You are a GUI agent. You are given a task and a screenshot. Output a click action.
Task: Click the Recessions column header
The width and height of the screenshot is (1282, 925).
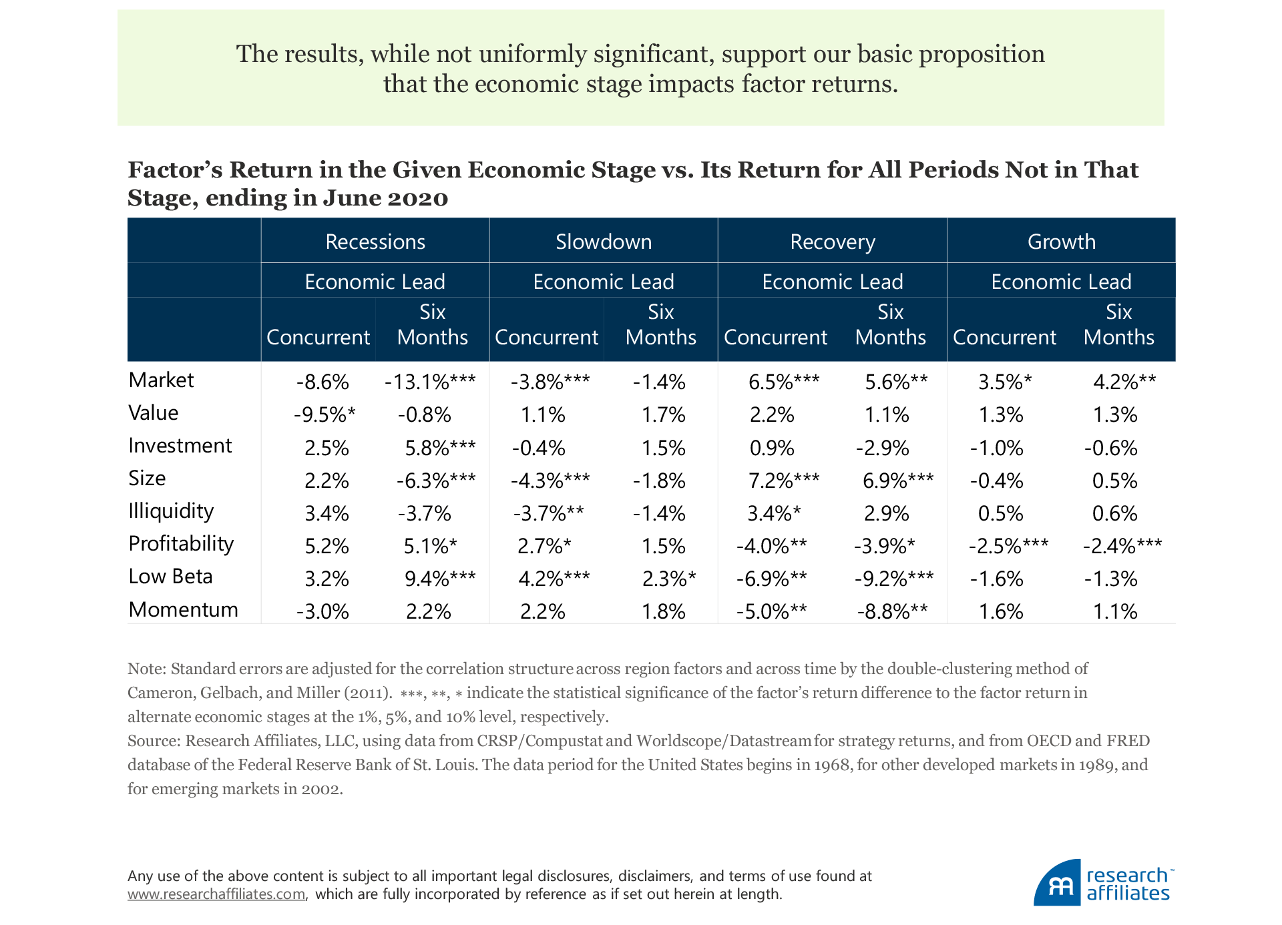375,242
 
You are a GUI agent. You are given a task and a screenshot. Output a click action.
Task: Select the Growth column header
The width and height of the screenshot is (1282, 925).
1061,242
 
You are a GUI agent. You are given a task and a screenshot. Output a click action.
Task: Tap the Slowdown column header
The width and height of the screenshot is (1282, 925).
604,242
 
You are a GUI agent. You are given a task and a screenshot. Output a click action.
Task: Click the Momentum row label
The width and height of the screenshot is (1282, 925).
183,609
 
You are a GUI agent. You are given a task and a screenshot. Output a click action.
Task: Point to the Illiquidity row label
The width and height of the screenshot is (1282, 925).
171,511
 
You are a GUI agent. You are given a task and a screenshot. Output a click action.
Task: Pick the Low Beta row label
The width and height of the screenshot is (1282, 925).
170,577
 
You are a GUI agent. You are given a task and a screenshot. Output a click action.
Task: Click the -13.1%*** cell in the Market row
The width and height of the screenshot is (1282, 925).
430,382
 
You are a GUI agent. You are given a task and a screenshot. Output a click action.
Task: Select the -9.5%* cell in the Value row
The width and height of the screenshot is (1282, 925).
325,414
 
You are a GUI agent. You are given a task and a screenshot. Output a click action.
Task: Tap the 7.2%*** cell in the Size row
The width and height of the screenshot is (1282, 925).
784,480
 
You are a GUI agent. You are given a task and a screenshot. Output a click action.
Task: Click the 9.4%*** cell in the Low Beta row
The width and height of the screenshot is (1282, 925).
440,578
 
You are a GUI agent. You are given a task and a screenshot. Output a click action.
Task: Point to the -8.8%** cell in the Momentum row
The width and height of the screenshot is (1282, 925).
892,611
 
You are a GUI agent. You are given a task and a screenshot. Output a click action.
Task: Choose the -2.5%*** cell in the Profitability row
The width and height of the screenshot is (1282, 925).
1008,545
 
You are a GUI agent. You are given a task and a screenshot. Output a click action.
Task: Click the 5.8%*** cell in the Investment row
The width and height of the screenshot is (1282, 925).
440,447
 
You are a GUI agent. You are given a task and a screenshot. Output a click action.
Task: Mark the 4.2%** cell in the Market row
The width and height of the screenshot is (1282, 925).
1124,382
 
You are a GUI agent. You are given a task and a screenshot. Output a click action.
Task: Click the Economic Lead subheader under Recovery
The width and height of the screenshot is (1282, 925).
832,282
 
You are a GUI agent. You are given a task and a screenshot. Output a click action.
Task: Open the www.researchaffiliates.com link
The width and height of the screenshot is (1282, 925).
217,894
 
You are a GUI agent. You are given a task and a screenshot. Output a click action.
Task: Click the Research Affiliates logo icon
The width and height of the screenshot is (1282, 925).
1057,883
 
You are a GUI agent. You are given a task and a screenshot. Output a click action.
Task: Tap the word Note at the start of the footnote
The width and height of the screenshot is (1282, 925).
144,669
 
